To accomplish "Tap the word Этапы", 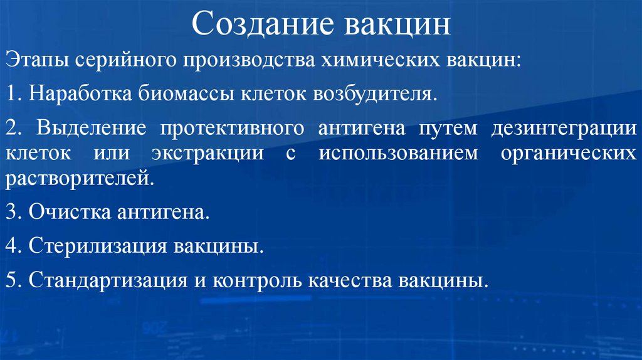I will click(36, 63).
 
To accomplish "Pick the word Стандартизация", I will click(106, 279).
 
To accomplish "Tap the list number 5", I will click(13, 279).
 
